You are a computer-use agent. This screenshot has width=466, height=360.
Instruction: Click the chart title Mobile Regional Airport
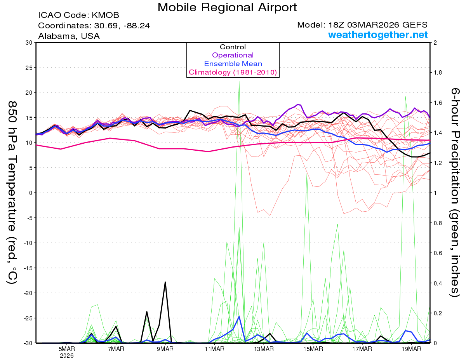point(227,7)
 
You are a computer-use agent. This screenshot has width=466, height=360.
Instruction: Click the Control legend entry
point(233,47)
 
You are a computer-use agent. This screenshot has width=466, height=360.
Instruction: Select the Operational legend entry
point(233,55)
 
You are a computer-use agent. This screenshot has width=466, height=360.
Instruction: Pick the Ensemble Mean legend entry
point(233,64)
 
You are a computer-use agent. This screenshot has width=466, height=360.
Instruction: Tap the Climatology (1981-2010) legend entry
point(233,72)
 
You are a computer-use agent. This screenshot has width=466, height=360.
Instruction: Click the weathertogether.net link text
point(378,35)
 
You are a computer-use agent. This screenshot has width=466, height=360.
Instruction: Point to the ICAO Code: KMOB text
point(78,16)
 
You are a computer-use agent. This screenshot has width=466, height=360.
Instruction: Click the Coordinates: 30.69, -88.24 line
point(94,26)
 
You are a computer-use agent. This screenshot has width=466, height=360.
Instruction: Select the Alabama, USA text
point(69,36)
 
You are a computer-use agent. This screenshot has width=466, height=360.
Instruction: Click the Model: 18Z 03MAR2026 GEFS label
point(362,25)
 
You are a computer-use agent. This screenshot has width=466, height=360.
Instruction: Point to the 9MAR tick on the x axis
point(165,348)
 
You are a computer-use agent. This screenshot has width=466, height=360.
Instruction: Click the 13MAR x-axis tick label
point(263,348)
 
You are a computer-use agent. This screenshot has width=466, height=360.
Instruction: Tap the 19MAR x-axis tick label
point(411,348)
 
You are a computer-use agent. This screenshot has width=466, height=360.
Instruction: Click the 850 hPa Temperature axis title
point(12,193)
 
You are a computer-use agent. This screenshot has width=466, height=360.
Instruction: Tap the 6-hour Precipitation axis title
point(455,193)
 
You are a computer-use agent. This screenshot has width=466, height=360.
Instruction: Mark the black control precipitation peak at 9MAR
point(165,282)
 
